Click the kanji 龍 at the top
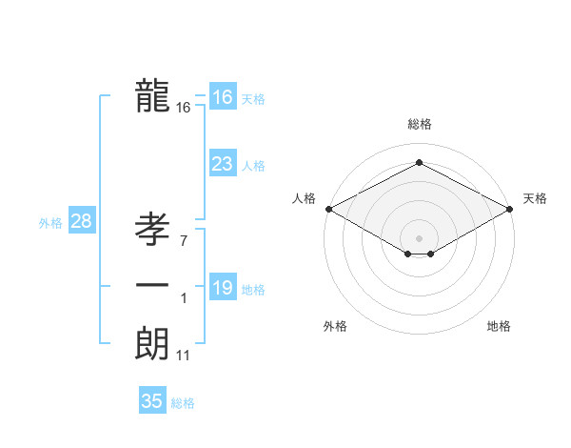pos(152,95)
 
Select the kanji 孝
pos(152,230)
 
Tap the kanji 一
pos(152,287)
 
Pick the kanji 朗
pos(152,343)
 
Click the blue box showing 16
pos(222,97)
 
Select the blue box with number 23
pos(222,164)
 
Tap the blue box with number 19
pos(222,288)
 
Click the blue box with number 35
pos(152,401)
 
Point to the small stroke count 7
pos(183,241)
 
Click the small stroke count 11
pos(184,356)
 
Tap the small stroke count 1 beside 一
pos(183,298)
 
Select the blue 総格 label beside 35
pos(183,403)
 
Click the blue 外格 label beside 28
pos(50,223)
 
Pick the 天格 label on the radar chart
pos(535,198)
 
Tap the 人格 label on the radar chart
pos(304,198)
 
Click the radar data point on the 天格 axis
pos(511,208)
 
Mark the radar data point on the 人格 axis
pos(327,208)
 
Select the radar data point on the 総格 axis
pos(419,163)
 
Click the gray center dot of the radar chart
pos(419,237)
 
